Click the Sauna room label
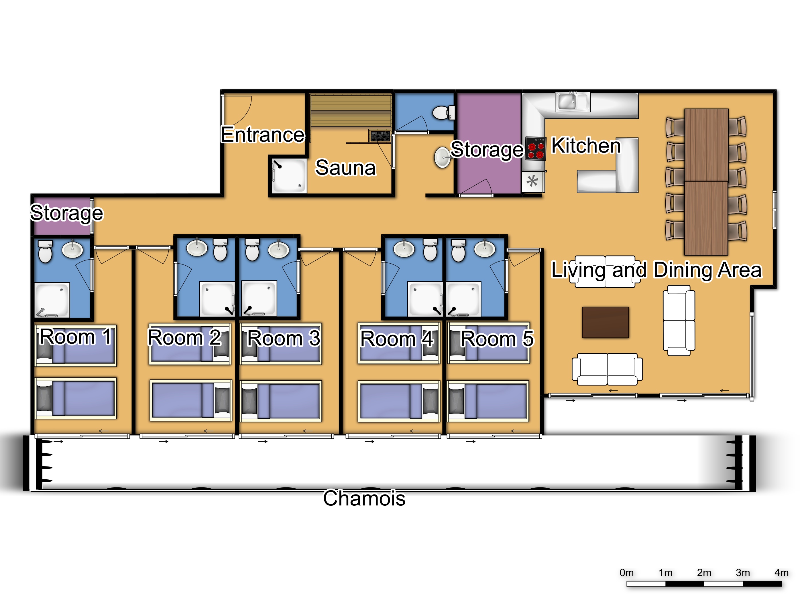pos(345,168)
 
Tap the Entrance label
pos(263,135)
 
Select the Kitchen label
pos(586,146)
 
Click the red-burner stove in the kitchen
pos(536,149)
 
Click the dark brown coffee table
pos(605,322)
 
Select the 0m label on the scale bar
pos(626,572)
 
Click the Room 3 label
pos(283,338)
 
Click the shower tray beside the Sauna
pos(289,176)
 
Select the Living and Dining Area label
pos(656,270)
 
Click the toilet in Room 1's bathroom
pos(45,251)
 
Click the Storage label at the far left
pos(67,213)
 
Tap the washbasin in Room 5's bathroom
pos(485,248)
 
